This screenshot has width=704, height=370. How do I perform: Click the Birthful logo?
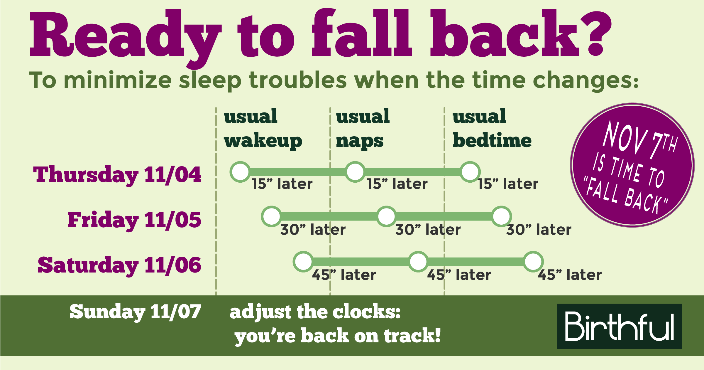(x=619, y=326)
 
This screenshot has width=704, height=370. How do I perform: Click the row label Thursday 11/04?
(x=117, y=175)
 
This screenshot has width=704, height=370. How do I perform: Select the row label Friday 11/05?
(x=134, y=220)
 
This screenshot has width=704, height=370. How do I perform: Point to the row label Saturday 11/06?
(x=119, y=265)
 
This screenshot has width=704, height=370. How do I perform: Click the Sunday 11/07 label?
(x=135, y=312)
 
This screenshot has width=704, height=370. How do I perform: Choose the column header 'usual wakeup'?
(x=263, y=129)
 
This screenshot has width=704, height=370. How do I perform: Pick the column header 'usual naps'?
(x=363, y=129)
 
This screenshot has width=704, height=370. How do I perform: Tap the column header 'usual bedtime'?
(x=492, y=129)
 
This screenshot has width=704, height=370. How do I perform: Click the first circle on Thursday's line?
(x=240, y=172)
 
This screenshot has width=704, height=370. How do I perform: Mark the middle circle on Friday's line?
(x=386, y=216)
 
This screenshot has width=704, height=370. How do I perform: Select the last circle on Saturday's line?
(x=533, y=261)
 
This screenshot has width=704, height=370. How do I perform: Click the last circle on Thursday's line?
(x=470, y=172)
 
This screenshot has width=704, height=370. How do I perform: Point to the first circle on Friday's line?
(x=272, y=216)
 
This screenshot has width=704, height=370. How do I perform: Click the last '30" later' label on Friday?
(x=539, y=230)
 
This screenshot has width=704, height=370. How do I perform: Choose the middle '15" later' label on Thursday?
(x=397, y=184)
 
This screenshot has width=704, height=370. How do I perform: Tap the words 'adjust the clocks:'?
(x=315, y=312)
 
